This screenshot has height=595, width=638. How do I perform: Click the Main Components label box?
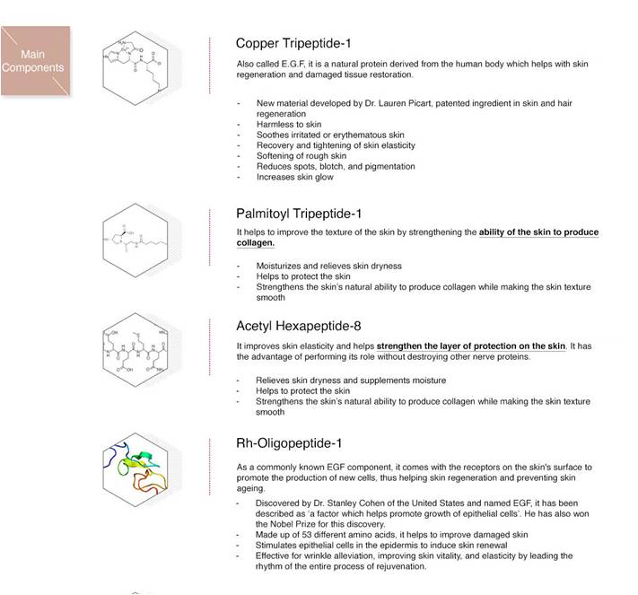(34, 61)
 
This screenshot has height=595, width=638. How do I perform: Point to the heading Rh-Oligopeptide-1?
(288, 443)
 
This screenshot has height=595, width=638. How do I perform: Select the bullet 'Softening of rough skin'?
(301, 156)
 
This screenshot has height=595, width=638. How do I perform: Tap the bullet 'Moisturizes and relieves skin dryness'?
(328, 267)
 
